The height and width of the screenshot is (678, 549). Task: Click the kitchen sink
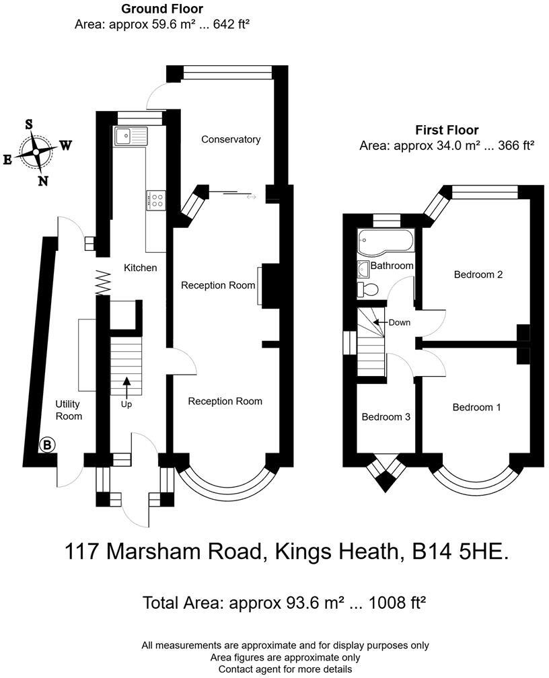[130, 136]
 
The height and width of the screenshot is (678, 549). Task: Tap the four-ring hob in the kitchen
[156, 200]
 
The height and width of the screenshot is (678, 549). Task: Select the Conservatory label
[231, 139]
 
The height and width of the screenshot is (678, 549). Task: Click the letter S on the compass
[29, 124]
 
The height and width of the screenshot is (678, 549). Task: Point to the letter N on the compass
[42, 180]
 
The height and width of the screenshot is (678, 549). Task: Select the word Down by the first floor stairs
[400, 322]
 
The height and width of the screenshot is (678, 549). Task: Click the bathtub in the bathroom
[386, 240]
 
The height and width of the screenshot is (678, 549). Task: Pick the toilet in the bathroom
[369, 289]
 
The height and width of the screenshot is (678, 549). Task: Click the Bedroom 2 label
[478, 274]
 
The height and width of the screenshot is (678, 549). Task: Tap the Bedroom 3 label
[386, 416]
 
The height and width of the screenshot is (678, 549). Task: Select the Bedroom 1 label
[476, 407]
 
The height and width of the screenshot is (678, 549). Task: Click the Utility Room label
[69, 410]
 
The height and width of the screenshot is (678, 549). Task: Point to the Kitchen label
[141, 268]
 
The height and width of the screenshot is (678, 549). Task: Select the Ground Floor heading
[161, 9]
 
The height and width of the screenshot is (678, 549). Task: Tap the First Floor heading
[447, 130]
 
